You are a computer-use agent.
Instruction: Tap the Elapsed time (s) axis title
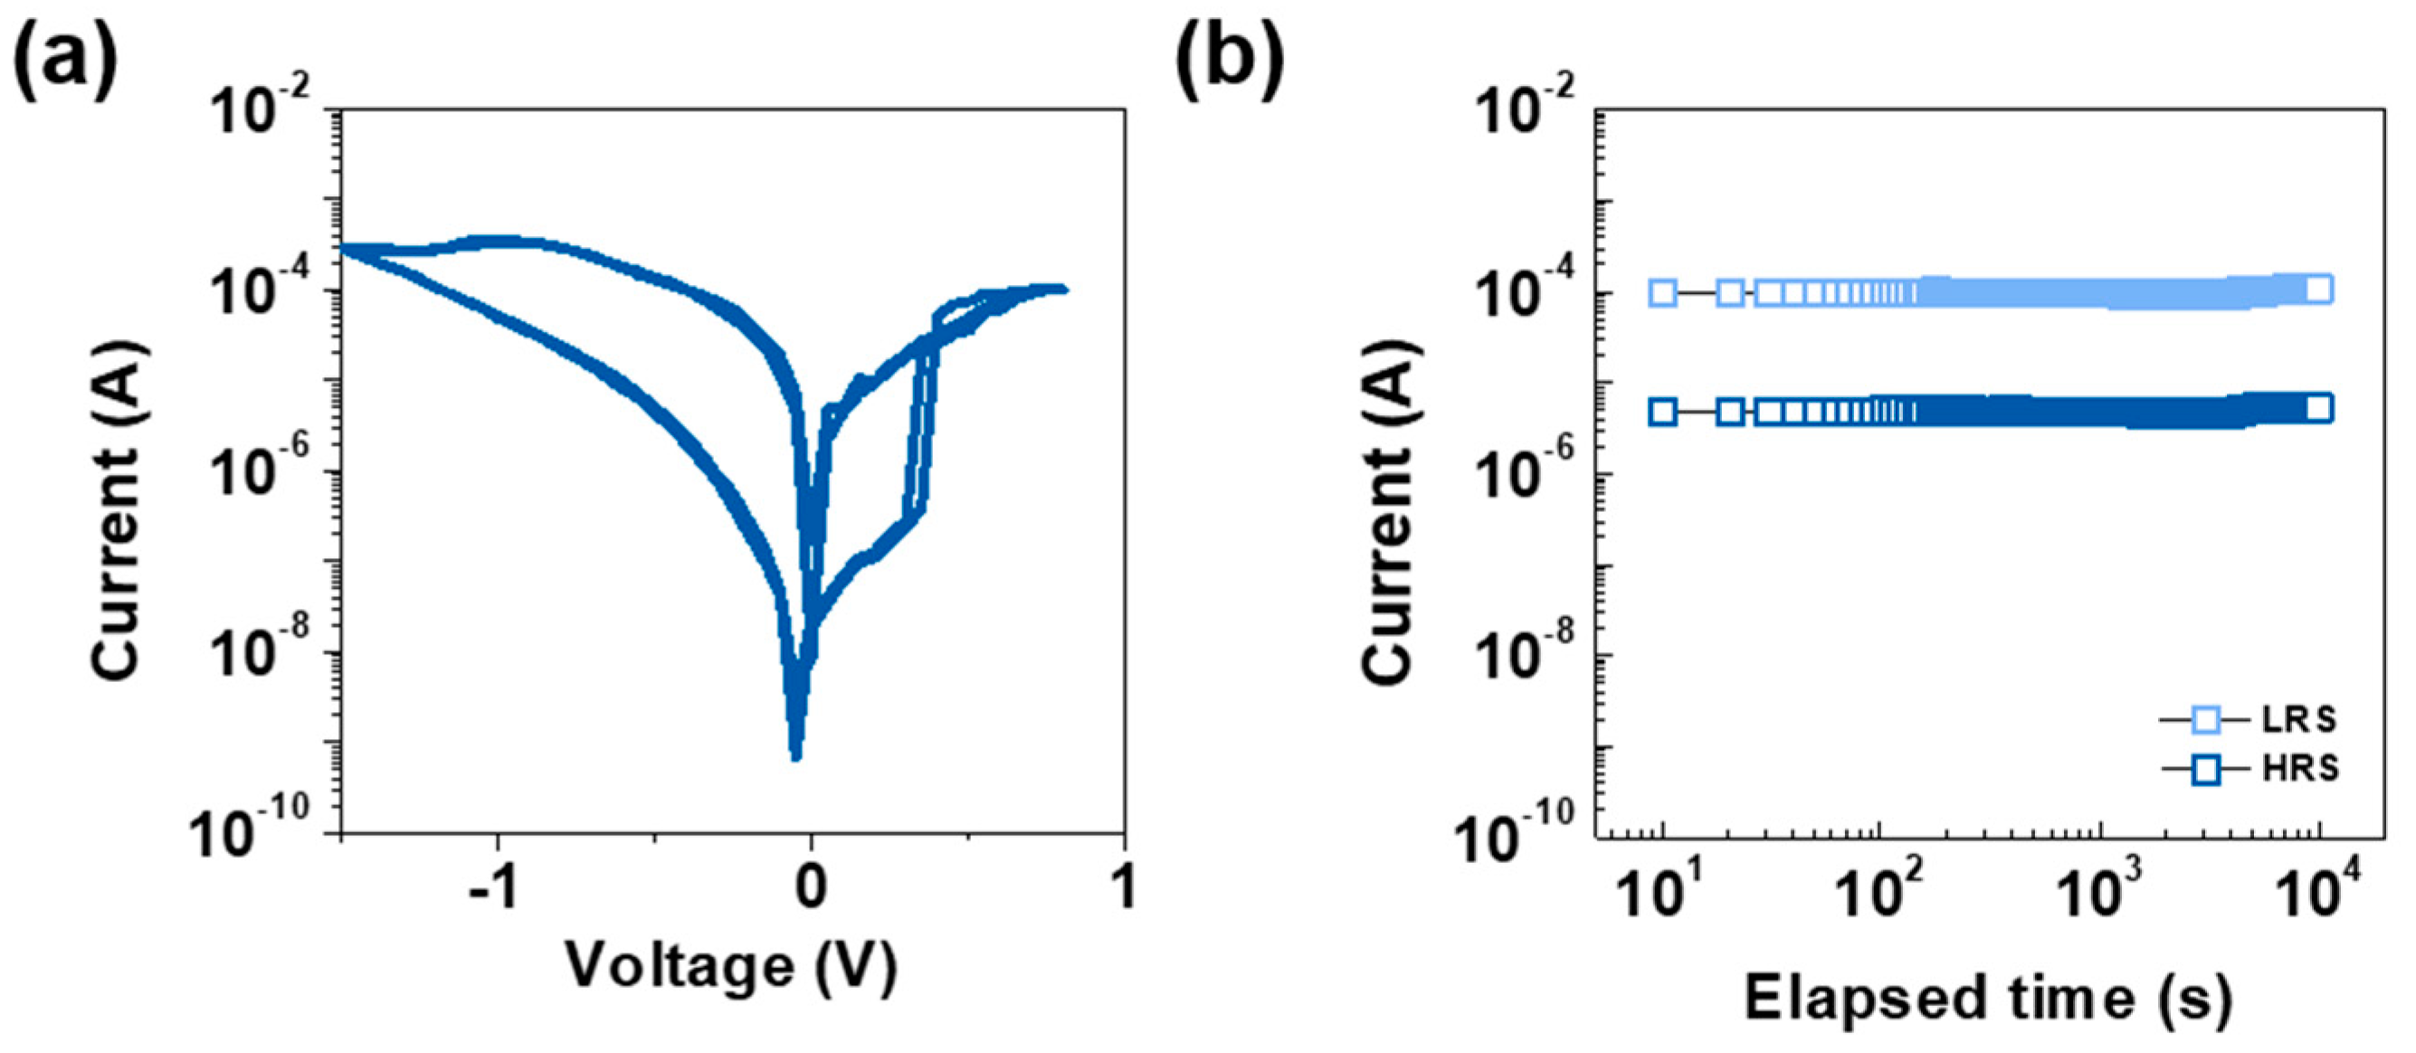pyautogui.click(x=1987, y=998)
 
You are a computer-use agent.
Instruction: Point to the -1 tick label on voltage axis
pyautogui.click(x=495, y=887)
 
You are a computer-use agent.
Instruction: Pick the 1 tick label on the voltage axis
pyautogui.click(x=1124, y=887)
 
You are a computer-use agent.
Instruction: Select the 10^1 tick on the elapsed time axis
pyautogui.click(x=1664, y=891)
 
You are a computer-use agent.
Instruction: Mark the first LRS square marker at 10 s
pyautogui.click(x=1663, y=292)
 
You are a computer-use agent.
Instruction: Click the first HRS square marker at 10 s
pyautogui.click(x=1663, y=412)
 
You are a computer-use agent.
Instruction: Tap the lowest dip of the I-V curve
pyautogui.click(x=795, y=755)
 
